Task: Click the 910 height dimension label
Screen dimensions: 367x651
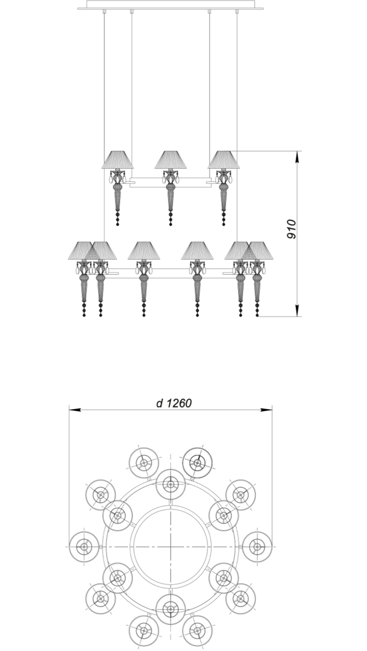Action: (292, 229)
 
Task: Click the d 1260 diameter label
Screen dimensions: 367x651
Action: (174, 403)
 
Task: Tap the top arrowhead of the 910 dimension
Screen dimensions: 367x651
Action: (297, 156)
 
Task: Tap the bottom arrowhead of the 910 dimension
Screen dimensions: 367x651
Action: (297, 310)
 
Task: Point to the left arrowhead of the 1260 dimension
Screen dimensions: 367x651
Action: (75, 410)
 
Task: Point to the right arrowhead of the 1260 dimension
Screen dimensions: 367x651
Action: (266, 410)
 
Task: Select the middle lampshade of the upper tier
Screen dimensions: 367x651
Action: (170, 160)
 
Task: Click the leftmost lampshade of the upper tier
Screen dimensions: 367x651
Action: (117, 160)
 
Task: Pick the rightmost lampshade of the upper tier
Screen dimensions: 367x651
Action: (223, 160)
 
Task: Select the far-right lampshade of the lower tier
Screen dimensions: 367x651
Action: (257, 250)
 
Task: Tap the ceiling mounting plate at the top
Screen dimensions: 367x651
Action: (170, 5)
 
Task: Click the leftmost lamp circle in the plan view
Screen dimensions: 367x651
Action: (84, 547)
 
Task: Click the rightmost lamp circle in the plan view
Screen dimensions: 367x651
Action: (257, 547)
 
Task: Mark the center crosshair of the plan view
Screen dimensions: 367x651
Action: (171, 547)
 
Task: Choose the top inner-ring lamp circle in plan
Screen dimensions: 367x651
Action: (171, 484)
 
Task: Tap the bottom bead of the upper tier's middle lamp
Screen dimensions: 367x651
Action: (170, 224)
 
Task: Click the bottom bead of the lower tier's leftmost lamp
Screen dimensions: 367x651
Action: (84, 315)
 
